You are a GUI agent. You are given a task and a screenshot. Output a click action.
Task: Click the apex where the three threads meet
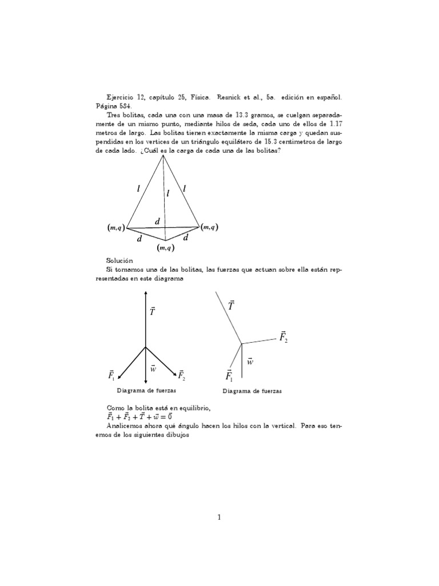pos(165,157)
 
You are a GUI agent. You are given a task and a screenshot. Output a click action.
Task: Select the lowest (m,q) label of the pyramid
pos(165,248)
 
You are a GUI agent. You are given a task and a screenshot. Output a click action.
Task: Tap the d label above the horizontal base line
pos(157,221)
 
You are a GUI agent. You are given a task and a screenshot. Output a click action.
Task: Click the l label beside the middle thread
pos(168,194)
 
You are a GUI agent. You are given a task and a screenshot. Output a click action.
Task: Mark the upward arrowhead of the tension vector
pos(146,292)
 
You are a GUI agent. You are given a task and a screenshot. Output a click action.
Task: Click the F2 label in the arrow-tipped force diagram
pos(181,375)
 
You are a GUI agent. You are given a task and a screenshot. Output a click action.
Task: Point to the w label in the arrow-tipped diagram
pos(153,369)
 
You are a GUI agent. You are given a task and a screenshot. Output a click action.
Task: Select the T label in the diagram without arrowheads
pos(232,306)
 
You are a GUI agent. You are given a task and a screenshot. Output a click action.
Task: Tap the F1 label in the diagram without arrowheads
pos(229,376)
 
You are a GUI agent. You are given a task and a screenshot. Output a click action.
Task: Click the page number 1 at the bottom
pos(219,517)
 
